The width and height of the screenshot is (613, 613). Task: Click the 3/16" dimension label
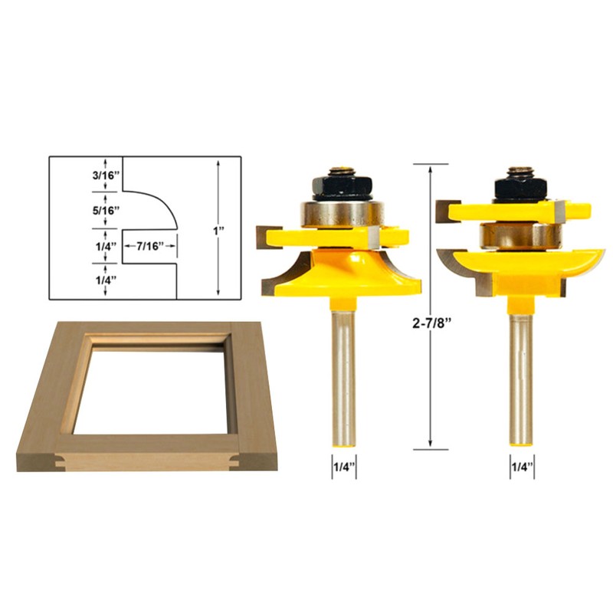106,175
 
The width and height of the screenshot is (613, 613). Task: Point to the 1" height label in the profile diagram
219,229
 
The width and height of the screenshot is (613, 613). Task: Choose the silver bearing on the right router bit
519,234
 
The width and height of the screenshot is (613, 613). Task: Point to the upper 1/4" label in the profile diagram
104,247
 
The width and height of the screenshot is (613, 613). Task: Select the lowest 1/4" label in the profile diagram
104,280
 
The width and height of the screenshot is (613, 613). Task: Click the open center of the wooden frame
149,383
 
